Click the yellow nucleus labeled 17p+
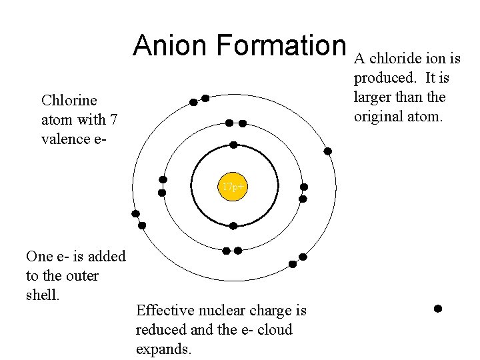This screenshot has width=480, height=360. click(x=233, y=187)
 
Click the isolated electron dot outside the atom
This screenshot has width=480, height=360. click(x=438, y=309)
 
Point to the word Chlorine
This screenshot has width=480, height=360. click(x=69, y=101)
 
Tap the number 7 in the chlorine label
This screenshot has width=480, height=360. click(x=114, y=120)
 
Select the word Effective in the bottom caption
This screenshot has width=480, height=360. click(x=164, y=311)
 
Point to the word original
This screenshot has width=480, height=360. click(x=378, y=116)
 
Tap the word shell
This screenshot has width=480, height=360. click(x=42, y=295)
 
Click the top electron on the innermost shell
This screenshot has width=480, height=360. click(x=233, y=145)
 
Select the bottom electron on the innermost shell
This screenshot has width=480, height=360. click(x=233, y=226)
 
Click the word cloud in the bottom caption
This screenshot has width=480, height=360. click(x=274, y=330)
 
